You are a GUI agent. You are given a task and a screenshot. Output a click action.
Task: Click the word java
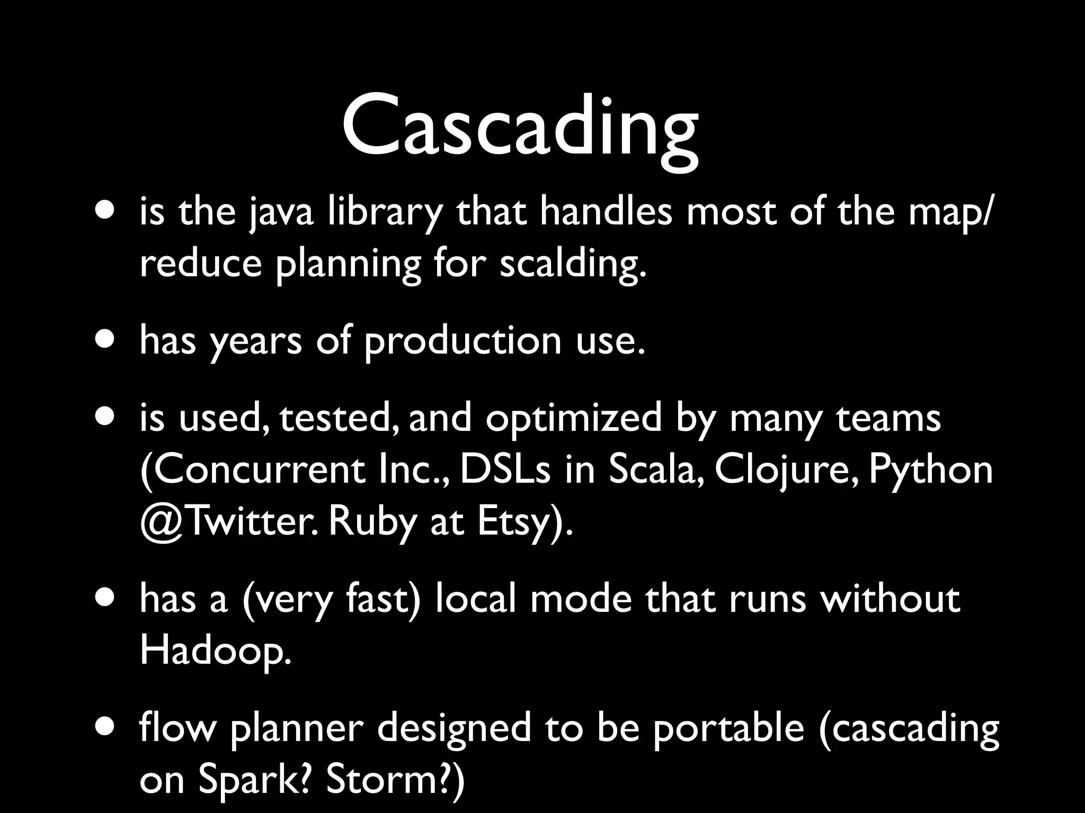[281, 212]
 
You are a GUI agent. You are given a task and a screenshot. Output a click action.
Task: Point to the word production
[462, 341]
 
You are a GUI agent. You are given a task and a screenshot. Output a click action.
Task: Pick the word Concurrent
[253, 470]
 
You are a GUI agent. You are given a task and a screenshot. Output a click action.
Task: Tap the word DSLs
[505, 470]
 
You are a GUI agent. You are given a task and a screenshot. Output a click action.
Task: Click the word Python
[931, 470]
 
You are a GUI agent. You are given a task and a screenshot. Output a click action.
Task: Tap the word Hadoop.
[215, 651]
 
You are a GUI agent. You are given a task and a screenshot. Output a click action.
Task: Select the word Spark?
[254, 780]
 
